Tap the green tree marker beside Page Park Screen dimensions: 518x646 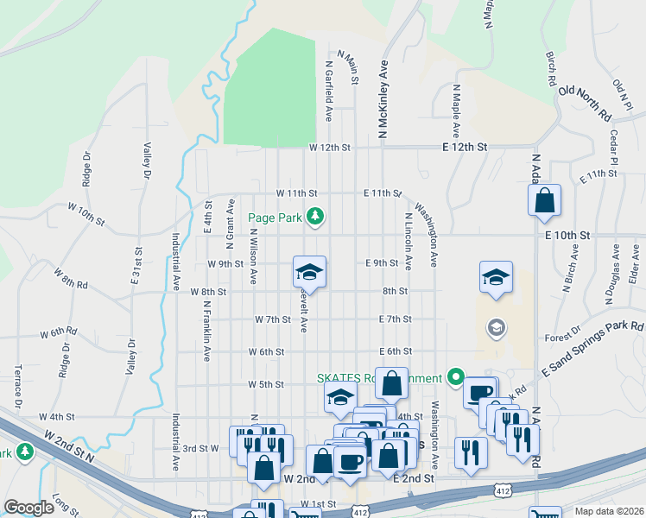pyautogui.click(x=316, y=217)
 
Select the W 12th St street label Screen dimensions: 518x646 pyautogui.click(x=330, y=148)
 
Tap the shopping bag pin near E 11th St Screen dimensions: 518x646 pyautogui.click(x=545, y=201)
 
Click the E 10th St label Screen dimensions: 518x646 pyautogui.click(x=567, y=235)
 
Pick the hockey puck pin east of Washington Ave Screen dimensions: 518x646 pyautogui.click(x=495, y=277)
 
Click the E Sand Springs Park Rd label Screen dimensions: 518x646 pyautogui.click(x=593, y=348)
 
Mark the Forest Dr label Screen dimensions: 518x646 pyautogui.click(x=562, y=338)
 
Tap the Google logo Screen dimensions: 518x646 pyautogui.click(x=29, y=508)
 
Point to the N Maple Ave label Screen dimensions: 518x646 pyautogui.click(x=455, y=115)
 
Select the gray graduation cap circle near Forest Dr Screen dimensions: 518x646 pyautogui.click(x=496, y=327)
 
